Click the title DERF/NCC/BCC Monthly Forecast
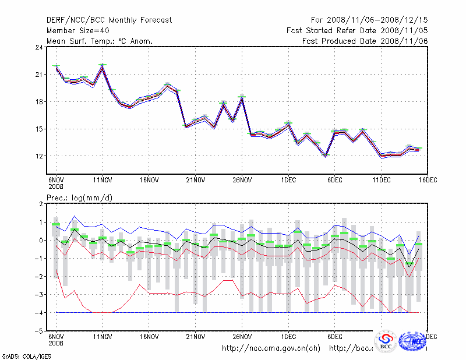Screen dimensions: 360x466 109,20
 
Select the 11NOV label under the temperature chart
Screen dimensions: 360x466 103,181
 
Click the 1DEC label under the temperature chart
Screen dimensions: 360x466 289,181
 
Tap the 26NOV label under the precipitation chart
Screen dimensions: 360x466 242,337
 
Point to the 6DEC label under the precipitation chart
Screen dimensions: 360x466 335,337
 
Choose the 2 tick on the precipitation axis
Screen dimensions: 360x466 40,204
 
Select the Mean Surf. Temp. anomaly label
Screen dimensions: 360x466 99,41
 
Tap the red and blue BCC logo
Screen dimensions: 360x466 385,341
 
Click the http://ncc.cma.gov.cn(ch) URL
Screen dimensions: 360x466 271,348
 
